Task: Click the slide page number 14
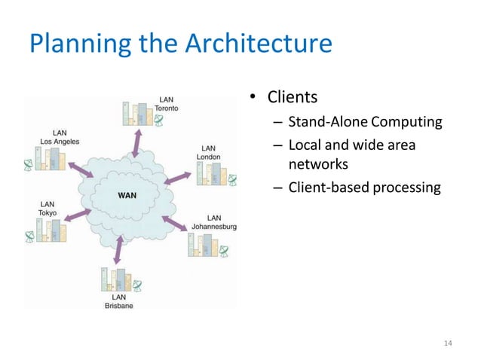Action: (448, 343)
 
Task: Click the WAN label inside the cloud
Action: (126, 196)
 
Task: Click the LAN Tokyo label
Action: (47, 208)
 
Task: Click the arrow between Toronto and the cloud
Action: (138, 142)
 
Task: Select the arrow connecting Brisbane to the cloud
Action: (118, 249)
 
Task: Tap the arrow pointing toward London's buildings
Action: (178, 178)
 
